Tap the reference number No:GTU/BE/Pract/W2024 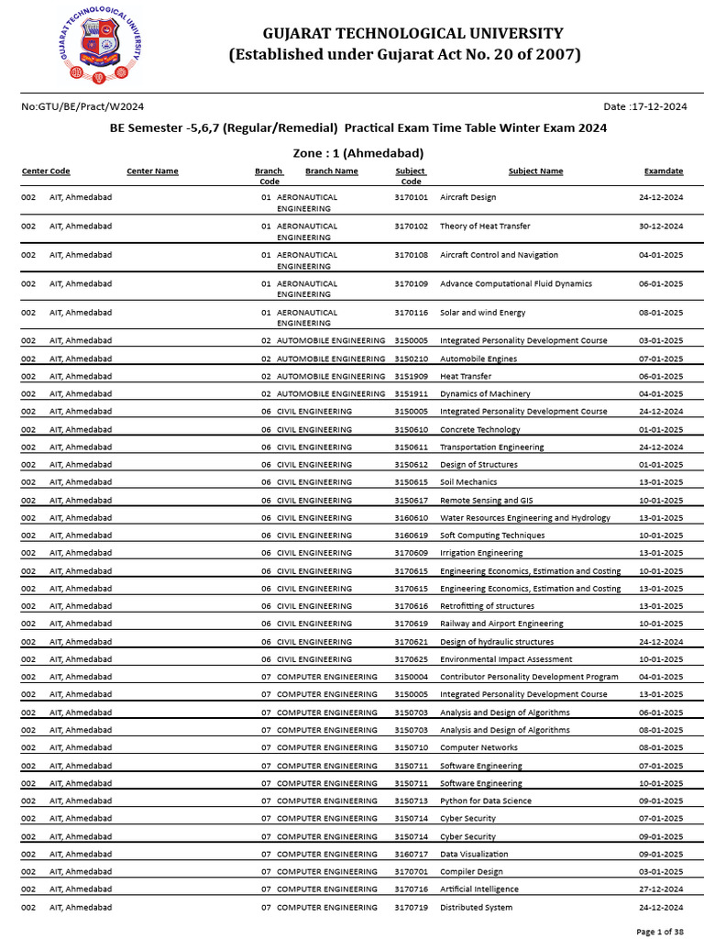(x=82, y=107)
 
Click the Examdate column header (x=663, y=171)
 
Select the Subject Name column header (x=535, y=171)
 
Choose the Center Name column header (x=152, y=171)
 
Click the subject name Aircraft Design (x=467, y=197)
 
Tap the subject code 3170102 (x=411, y=226)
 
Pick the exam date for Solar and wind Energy (x=661, y=313)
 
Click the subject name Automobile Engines (x=478, y=359)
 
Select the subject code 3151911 (x=411, y=394)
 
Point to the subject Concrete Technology (x=479, y=429)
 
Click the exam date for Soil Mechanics (x=661, y=482)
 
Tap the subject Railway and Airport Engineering (x=501, y=624)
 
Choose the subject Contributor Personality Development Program (x=529, y=677)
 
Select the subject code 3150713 (x=411, y=801)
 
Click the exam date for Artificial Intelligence (x=661, y=889)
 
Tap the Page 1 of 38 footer (x=658, y=932)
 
